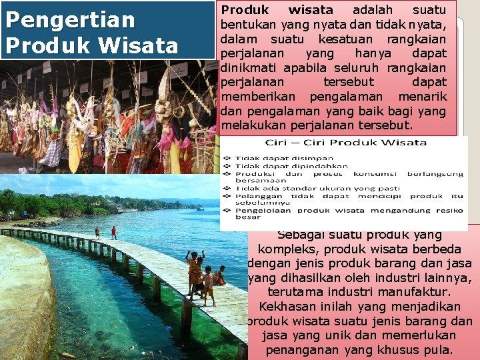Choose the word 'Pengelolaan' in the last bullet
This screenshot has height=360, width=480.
[x=263, y=210]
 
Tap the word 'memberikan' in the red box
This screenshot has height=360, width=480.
[x=252, y=96]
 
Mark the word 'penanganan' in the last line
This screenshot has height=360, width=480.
[x=301, y=350]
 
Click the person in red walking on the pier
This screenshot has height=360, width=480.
[x=114, y=232]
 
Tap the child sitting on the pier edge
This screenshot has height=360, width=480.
[x=221, y=275]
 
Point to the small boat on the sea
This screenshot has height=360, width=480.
[x=201, y=208]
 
